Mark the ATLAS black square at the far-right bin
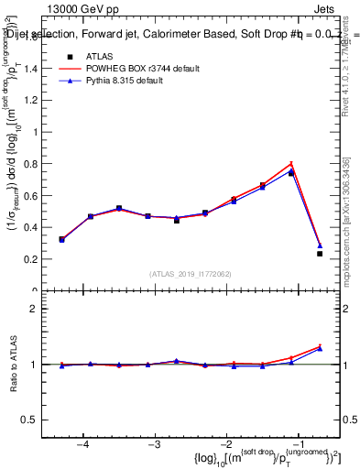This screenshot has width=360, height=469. tap(320, 254)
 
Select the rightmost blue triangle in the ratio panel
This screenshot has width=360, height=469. tap(320, 349)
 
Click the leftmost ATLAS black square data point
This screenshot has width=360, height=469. tap(61, 239)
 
